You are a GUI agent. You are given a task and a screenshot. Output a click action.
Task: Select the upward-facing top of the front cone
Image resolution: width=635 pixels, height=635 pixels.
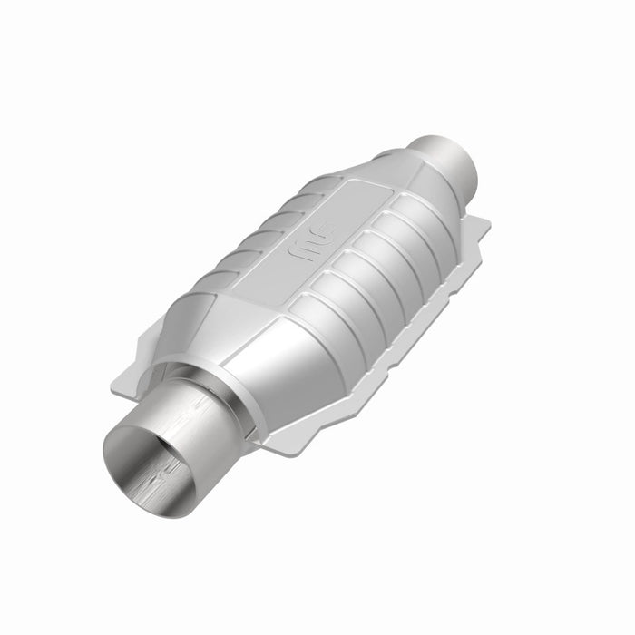(213, 322)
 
